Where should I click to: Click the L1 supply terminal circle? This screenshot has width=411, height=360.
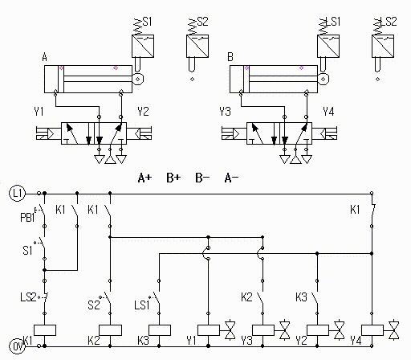(x=18, y=193)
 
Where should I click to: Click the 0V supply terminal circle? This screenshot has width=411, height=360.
(x=18, y=346)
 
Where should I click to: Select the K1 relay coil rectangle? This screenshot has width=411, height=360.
(x=45, y=330)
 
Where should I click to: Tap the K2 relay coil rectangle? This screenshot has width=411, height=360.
(x=110, y=330)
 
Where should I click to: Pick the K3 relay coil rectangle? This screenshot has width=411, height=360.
(x=160, y=330)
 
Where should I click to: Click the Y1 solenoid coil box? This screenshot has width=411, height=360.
(x=209, y=330)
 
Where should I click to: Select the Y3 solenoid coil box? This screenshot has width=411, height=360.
(x=263, y=330)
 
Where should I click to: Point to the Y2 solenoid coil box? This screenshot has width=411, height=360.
(x=318, y=330)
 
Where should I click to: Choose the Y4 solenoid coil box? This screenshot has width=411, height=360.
(x=372, y=330)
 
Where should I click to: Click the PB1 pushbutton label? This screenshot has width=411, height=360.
(x=27, y=217)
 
